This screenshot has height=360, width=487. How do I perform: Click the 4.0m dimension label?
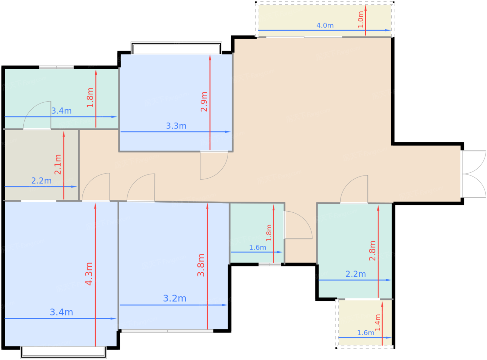point(325,25)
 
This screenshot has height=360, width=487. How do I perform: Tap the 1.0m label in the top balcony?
point(360,19)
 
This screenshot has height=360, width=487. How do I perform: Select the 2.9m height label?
point(204,102)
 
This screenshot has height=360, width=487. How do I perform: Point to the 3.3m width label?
point(176,126)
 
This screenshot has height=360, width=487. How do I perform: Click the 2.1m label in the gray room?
point(58,165)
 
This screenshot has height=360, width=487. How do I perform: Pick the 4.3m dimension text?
point(89,274)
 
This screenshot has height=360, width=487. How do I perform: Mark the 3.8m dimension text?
point(201,265)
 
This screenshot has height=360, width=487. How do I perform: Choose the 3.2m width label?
point(175,298)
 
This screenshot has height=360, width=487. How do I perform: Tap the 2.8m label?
point(373,251)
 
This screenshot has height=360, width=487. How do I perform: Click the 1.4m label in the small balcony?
point(377,322)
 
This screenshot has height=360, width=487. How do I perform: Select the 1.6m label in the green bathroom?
point(257,248)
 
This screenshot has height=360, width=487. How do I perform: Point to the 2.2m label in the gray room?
point(41,181)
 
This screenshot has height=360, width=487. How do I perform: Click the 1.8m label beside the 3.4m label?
point(90,97)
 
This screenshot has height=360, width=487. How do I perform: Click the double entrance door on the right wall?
point(474,174)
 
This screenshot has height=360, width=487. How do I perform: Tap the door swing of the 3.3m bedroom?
point(214,165)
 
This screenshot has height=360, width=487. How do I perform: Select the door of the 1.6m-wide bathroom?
point(298,225)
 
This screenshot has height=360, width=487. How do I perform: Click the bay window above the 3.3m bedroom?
point(176,48)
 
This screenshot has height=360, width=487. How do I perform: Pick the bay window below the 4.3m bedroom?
point(63,352)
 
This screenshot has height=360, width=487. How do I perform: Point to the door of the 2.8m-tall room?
point(354,189)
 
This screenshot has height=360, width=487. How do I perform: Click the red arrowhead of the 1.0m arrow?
point(366,8)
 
